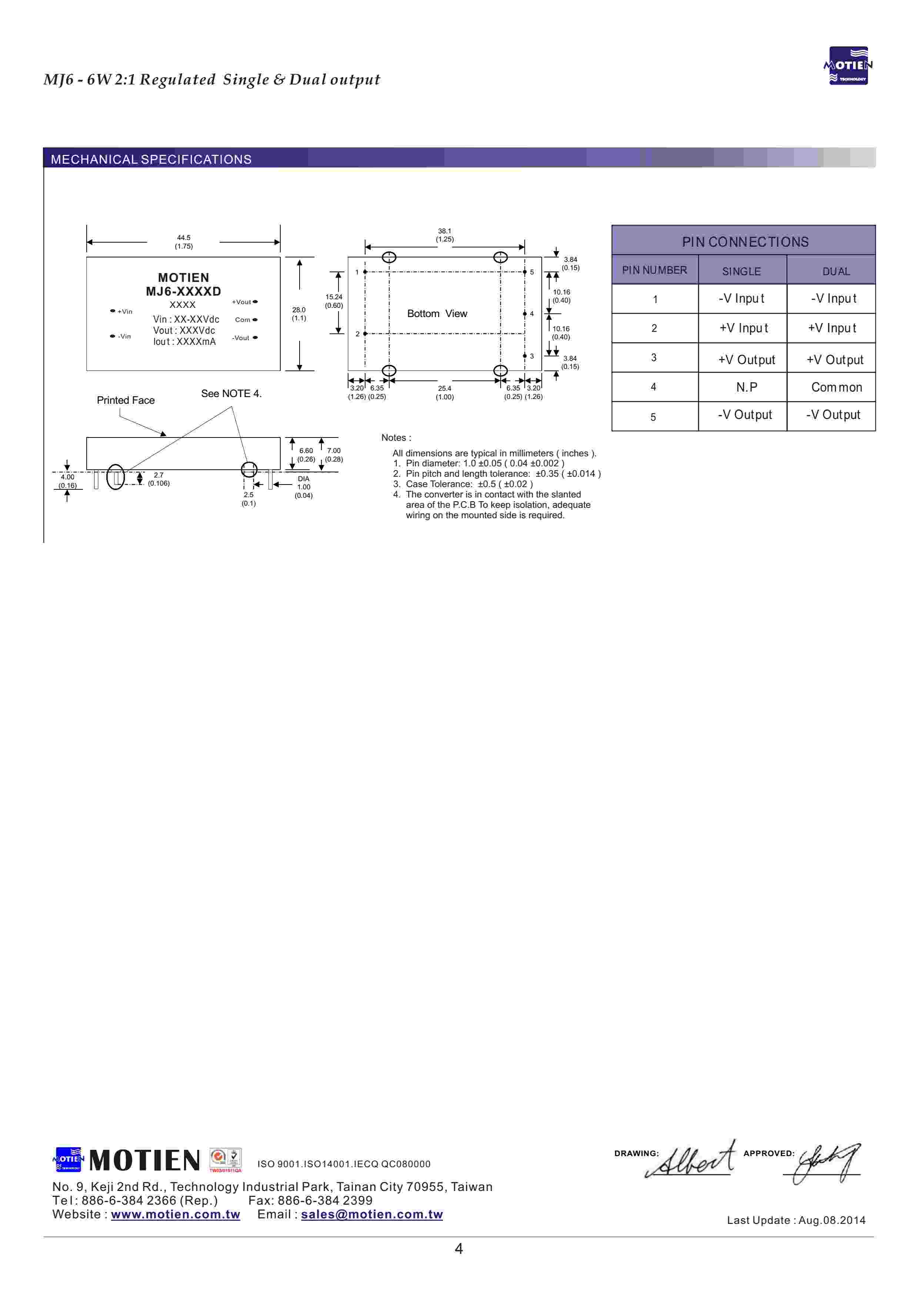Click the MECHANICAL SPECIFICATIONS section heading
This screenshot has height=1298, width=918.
[151, 159]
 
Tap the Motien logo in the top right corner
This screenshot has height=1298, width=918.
[848, 66]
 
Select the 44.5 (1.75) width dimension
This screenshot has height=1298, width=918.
[184, 242]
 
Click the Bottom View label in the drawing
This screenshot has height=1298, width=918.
[437, 314]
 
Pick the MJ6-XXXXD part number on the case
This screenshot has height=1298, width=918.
[183, 291]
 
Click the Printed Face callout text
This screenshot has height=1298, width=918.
[126, 400]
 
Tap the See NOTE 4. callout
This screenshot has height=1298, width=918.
[231, 393]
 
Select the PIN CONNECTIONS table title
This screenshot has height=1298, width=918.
[745, 242]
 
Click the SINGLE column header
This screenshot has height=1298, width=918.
[742, 272]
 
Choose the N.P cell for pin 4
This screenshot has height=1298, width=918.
[746, 387]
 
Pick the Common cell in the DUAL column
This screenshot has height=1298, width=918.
[837, 387]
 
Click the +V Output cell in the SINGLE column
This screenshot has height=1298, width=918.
[746, 360]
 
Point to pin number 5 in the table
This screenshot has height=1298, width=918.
[654, 417]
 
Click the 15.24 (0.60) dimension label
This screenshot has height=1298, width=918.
[334, 301]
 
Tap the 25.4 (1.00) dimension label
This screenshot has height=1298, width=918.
[445, 392]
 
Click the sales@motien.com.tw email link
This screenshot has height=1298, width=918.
[372, 1214]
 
